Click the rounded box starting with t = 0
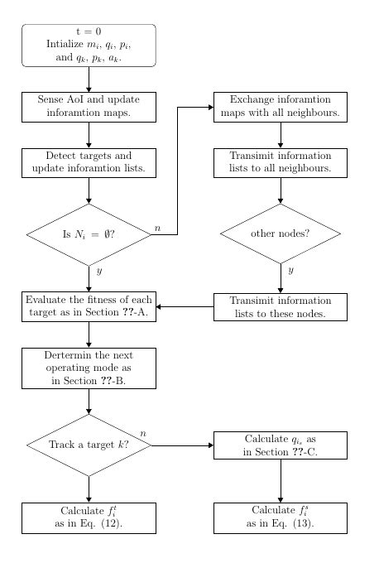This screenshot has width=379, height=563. tap(89, 45)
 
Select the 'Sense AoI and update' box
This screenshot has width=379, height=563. tap(89, 106)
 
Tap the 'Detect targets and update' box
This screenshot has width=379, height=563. tap(89, 162)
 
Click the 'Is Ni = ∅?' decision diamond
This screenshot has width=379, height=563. tap(89, 234)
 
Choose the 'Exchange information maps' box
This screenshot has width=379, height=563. tap(281, 106)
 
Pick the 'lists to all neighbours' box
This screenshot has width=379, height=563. tap(281, 162)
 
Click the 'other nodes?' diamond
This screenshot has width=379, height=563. tap(281, 233)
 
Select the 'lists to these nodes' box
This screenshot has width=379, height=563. tap(281, 307)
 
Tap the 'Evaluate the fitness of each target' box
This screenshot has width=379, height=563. tap(89, 307)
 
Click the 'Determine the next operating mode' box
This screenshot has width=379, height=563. tap(89, 368)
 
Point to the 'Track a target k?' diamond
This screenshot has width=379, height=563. tap(89, 445)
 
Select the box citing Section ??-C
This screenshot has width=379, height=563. tap(281, 445)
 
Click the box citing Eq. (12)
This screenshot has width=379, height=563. tap(89, 517)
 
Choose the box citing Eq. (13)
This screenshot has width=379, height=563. tap(281, 517)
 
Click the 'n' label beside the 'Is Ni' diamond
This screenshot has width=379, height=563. tap(157, 228)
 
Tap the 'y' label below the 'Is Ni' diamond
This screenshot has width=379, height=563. tap(98, 271)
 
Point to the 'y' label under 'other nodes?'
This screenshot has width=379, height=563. tap(290, 270)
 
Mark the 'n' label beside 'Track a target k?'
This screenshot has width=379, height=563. tap(143, 433)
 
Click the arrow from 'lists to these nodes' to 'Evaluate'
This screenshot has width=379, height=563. tap(185, 307)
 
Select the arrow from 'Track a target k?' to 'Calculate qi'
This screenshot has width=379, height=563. tap(182, 445)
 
